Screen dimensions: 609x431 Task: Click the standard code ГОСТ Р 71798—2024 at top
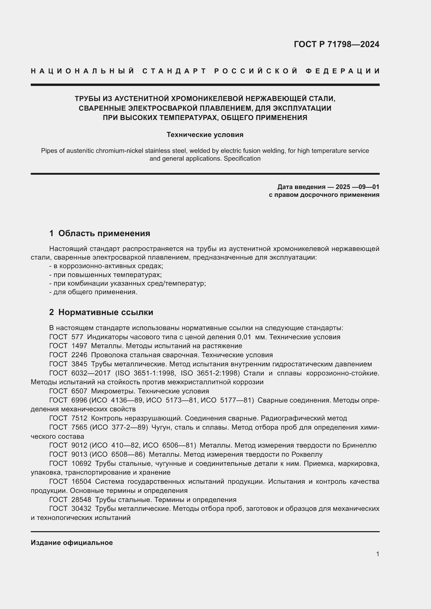tap(336, 44)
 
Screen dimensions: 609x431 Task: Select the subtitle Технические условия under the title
tap(205, 135)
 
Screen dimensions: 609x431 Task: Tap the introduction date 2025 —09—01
tap(357, 187)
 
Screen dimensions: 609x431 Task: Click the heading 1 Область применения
tap(100, 233)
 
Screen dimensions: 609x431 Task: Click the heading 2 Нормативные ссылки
tap(101, 312)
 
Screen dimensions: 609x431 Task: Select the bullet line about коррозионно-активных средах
tap(106, 266)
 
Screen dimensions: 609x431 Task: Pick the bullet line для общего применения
tap(94, 292)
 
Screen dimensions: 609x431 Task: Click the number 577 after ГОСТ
tap(77, 337)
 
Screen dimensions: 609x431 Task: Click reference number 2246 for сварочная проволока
tap(79, 355)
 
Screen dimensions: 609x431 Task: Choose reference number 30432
tap(81, 508)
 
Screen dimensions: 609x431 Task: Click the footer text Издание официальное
tap(72, 543)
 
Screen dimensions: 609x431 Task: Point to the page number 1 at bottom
tap(377, 554)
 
